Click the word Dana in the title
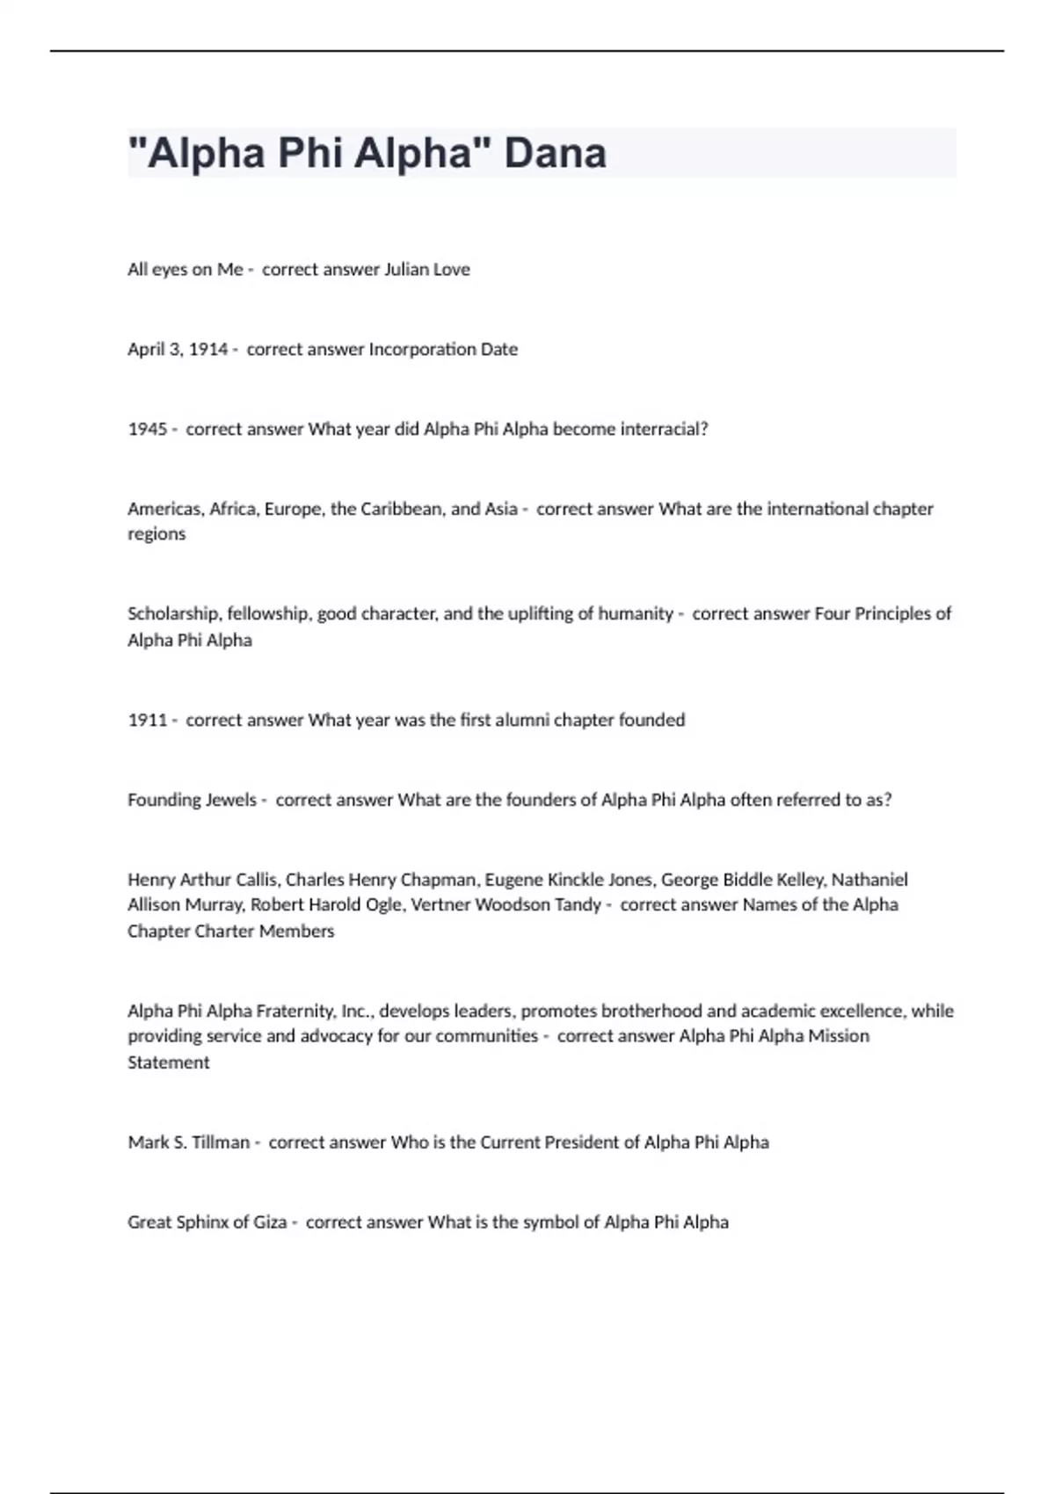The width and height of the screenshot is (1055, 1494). point(555,153)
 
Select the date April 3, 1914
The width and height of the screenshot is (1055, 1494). point(178,350)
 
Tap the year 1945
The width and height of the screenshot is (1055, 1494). point(147,430)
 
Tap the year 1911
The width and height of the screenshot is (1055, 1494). point(147,721)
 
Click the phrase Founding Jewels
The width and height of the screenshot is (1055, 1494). point(192,801)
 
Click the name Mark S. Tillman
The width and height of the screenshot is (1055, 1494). point(188,1142)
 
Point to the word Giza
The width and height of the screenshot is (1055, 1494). point(270,1222)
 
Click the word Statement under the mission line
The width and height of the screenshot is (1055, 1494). point(168,1062)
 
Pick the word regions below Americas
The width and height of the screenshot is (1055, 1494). point(156,534)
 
